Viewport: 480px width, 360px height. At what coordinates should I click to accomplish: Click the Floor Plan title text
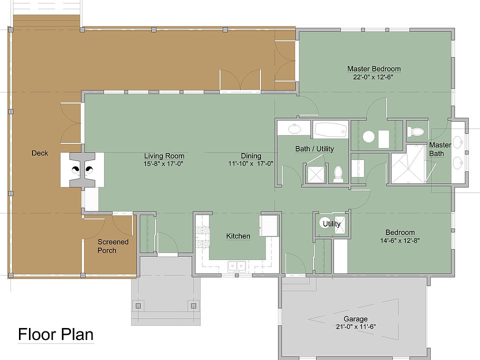55,334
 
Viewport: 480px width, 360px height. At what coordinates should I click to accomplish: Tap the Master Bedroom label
374,69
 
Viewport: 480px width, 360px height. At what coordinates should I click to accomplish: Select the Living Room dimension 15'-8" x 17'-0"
163,164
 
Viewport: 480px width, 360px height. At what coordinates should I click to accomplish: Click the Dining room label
251,156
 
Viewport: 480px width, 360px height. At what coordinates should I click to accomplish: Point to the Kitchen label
238,236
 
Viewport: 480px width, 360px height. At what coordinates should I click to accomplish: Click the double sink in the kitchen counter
237,266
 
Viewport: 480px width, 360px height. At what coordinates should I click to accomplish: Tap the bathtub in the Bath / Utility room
330,130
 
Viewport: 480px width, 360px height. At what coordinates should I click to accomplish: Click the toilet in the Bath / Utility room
338,173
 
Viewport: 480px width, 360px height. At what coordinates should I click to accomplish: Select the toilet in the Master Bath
415,132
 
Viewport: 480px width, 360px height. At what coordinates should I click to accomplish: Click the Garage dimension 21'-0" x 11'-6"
355,326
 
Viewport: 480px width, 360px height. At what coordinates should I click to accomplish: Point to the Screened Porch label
112,246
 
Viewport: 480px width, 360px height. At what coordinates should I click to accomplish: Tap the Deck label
40,153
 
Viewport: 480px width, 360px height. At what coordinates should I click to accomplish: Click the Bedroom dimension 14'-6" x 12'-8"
400,240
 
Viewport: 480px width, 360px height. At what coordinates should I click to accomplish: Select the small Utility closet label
331,224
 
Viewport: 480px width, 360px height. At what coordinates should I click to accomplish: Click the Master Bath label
440,149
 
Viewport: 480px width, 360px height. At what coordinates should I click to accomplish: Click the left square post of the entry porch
138,306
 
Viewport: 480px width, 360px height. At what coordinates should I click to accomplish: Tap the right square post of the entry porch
193,306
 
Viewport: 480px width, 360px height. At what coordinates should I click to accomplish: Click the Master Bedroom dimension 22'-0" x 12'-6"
373,77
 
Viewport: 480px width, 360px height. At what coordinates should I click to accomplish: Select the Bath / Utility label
314,149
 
